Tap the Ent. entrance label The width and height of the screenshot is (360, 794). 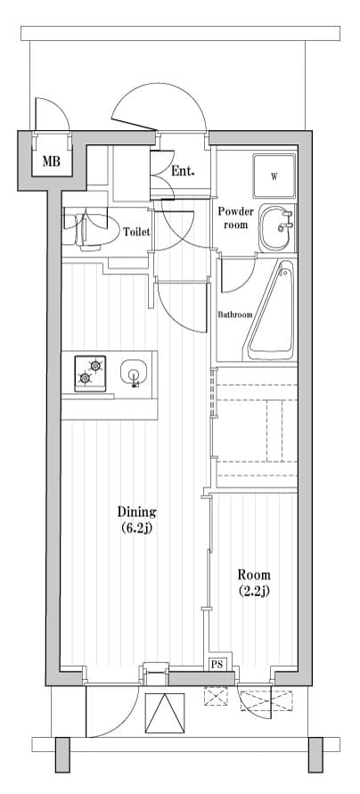(x=184, y=171)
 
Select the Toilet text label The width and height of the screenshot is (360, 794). (x=136, y=232)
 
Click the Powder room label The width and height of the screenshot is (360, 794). (x=236, y=218)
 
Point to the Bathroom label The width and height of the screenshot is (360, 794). (x=235, y=315)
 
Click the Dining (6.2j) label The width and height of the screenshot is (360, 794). (x=137, y=519)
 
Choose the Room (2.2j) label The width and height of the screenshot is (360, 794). (x=254, y=582)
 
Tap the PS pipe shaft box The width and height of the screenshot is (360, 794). (x=217, y=664)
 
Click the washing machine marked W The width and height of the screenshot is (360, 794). (x=274, y=176)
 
